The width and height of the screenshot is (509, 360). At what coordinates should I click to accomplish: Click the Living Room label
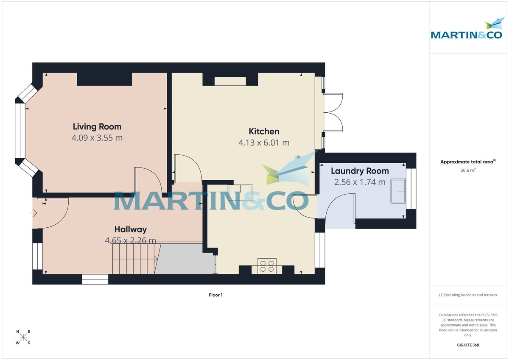pyautogui.click(x=97, y=126)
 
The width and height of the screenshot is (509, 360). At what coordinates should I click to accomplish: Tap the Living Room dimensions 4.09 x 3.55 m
pyautogui.click(x=97, y=138)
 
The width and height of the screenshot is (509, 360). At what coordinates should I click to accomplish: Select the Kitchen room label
pyautogui.click(x=264, y=131)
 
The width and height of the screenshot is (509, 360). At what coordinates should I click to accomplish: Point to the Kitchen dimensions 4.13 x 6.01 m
pyautogui.click(x=264, y=143)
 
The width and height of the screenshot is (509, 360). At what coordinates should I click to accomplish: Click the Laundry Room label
pyautogui.click(x=360, y=171)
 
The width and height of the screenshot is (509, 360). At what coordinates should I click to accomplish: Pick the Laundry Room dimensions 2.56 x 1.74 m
pyautogui.click(x=360, y=182)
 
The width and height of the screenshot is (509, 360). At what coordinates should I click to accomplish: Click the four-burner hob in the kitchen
pyautogui.click(x=267, y=266)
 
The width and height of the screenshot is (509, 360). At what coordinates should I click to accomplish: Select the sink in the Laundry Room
pyautogui.click(x=398, y=191)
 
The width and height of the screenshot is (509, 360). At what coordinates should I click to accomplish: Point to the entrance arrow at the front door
pyautogui.click(x=34, y=213)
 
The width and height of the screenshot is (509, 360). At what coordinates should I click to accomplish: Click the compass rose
pyautogui.click(x=23, y=337)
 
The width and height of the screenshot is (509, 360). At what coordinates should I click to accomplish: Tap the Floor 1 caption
pyautogui.click(x=215, y=295)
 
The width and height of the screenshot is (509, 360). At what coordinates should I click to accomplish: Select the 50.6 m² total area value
pyautogui.click(x=468, y=170)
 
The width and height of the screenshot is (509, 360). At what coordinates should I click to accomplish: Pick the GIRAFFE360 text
pyautogui.click(x=468, y=345)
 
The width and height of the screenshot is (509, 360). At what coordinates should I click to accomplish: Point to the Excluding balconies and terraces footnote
pyautogui.click(x=468, y=295)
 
